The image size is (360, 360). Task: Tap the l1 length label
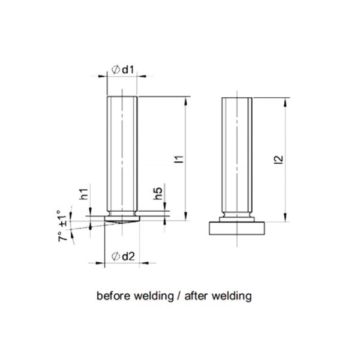pos(178,159)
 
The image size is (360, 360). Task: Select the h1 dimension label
pos(85,194)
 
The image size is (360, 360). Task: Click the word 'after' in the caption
pos(196,296)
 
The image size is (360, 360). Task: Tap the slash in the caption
pos(179,296)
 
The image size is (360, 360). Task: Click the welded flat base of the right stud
pos(238,228)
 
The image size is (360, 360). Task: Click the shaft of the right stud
pos(238,150)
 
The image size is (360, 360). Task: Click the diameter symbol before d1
pos(115,70)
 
